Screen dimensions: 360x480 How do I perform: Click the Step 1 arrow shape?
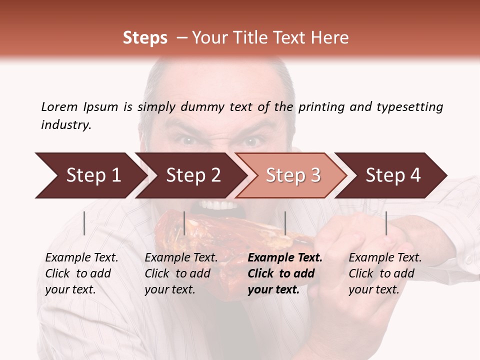[x=90, y=175]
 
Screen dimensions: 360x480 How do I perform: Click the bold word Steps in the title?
[x=145, y=38]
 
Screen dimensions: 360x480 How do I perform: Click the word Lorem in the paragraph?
[x=59, y=106]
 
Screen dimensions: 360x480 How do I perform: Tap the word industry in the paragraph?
[x=66, y=124]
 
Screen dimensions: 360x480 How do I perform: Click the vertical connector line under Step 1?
[x=84, y=223]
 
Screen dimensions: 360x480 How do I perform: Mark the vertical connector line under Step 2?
[x=184, y=223]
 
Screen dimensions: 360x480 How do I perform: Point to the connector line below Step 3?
[x=285, y=223]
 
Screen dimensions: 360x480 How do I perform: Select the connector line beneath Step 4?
[x=386, y=223]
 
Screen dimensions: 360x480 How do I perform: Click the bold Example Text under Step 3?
[x=285, y=258]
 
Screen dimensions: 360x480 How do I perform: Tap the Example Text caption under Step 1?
[x=81, y=258]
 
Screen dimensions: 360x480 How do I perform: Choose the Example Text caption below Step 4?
[x=385, y=258]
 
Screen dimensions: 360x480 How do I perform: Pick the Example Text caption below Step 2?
[x=181, y=258]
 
